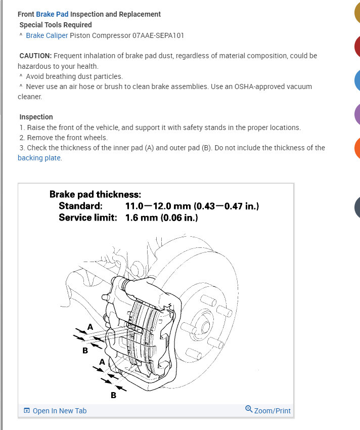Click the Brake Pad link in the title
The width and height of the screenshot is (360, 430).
point(52,14)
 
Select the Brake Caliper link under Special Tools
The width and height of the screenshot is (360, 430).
point(47,35)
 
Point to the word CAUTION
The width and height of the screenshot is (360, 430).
point(35,56)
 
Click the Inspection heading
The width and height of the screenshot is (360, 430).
point(36,117)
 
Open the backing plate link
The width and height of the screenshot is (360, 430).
point(39,158)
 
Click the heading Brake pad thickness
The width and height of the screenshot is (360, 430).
point(95,194)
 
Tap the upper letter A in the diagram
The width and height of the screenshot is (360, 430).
point(90,327)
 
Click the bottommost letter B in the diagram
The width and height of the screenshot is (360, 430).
point(113,395)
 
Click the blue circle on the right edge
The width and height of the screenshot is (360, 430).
point(357,80)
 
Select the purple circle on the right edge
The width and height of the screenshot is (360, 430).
point(357,113)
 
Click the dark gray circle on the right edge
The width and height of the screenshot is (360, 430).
point(357,207)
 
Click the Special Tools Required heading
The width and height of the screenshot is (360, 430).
point(56,25)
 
